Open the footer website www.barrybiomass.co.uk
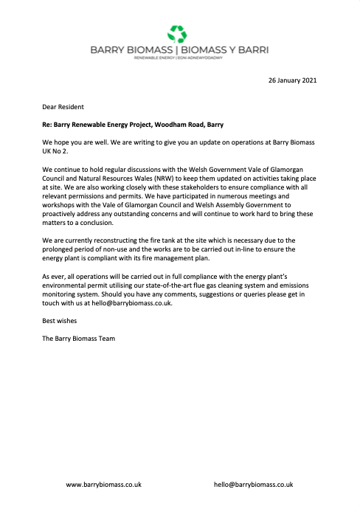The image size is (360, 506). [x=104, y=485]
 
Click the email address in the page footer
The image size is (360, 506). [x=253, y=485]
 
